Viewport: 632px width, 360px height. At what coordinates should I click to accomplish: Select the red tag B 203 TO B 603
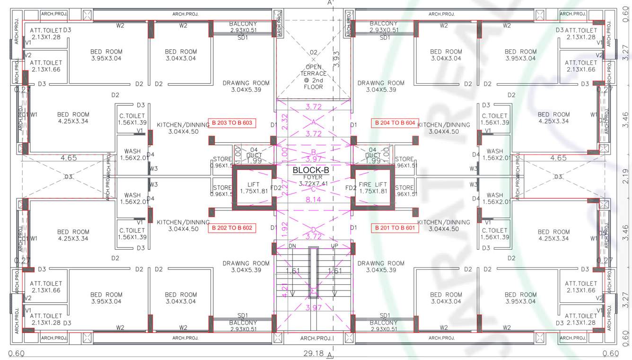(232, 123)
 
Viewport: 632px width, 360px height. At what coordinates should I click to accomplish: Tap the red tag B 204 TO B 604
(395, 123)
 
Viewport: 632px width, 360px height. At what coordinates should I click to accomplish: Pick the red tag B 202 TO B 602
(232, 228)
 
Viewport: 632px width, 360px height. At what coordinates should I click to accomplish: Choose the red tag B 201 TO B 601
(395, 228)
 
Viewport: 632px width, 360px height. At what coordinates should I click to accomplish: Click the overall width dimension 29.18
(313, 353)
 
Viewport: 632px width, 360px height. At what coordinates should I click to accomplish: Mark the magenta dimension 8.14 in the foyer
(313, 200)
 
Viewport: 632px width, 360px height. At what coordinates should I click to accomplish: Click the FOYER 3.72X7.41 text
(313, 180)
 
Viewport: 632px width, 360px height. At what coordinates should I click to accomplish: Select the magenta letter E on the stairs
(313, 291)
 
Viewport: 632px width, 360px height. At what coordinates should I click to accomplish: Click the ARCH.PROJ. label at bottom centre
(316, 338)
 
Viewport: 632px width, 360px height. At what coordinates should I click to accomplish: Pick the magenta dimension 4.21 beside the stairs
(284, 290)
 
